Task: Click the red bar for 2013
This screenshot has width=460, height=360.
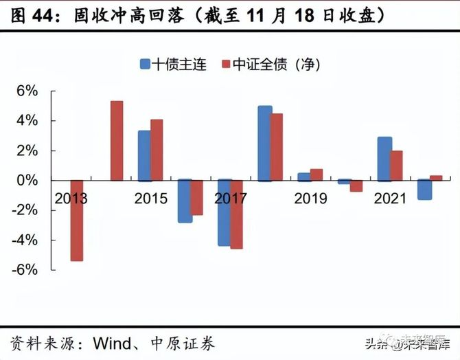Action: point(77,221)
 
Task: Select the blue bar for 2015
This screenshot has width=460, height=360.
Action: point(144,155)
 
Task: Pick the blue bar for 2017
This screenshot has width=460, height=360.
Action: point(224,213)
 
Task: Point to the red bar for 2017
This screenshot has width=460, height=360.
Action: point(236,214)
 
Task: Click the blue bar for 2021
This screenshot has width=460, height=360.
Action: point(384,159)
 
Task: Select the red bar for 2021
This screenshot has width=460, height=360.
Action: point(397,166)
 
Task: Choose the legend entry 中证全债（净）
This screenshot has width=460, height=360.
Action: point(271,65)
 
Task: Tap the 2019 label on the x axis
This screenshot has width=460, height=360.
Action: point(312,199)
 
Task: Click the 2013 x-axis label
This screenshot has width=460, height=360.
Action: point(71,199)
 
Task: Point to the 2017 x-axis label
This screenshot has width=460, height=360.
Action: point(231,199)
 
